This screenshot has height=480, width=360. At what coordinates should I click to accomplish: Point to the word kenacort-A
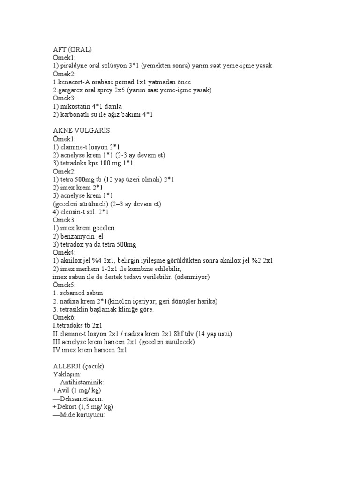click(x=73, y=82)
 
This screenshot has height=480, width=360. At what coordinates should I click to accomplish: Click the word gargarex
click(x=70, y=90)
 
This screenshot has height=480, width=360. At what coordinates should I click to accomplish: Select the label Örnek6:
click(x=65, y=317)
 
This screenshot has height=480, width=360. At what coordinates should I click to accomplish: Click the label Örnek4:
click(x=65, y=252)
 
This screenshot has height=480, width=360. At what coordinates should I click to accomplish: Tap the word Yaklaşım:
click(x=67, y=374)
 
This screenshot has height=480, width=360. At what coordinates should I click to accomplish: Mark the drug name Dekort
click(x=67, y=406)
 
